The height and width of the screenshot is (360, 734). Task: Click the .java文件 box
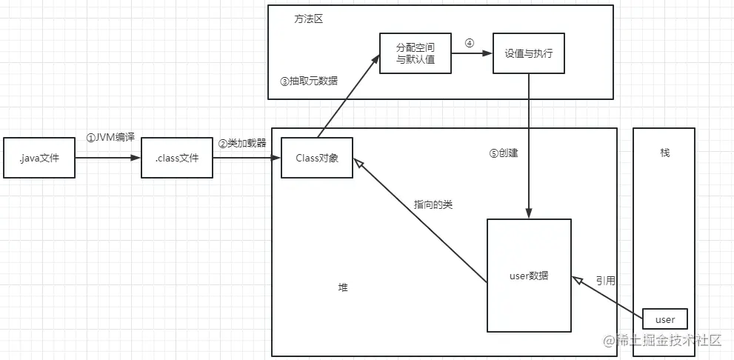(40, 158)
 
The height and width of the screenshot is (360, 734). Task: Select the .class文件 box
(176, 158)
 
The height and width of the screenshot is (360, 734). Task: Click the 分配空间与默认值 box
(416, 53)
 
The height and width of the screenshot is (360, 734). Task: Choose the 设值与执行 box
(529, 53)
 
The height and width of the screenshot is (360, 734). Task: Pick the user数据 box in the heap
(529, 276)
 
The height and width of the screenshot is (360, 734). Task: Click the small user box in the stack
(664, 319)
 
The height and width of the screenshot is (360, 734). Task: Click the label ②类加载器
(241, 143)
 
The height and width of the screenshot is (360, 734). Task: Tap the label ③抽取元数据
(309, 81)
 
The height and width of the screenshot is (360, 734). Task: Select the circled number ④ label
(469, 42)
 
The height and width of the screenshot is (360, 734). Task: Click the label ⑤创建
(504, 153)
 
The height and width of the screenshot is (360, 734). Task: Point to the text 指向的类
(433, 204)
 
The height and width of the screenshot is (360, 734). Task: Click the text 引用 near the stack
(605, 281)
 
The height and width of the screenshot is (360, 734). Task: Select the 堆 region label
(343, 287)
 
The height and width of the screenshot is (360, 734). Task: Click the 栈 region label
(664, 152)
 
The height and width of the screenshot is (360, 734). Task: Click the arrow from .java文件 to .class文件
(108, 158)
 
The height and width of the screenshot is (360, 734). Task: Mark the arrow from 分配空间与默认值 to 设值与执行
(473, 53)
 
